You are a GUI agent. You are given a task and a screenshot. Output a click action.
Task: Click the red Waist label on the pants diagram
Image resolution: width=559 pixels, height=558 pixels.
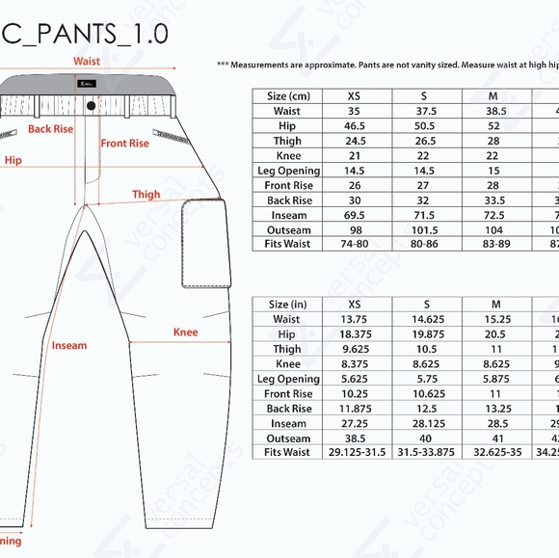[x=87, y=61]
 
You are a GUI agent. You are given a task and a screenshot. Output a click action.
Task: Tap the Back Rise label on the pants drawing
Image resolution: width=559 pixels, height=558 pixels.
[x=50, y=128]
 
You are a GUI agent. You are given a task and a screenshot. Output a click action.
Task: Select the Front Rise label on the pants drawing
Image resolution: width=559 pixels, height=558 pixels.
[x=125, y=144]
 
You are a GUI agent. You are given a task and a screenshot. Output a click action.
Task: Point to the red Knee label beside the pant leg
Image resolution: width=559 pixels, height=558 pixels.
[x=185, y=332]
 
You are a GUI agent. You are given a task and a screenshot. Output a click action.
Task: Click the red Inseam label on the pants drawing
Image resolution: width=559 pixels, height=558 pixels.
[x=69, y=345]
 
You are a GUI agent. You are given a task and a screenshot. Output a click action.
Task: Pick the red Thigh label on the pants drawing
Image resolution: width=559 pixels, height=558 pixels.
[x=146, y=194]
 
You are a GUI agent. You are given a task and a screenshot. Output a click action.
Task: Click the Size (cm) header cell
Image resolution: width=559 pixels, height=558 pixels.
[x=288, y=96]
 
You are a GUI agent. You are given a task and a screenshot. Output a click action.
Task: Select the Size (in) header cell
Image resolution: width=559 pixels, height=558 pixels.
[x=288, y=305]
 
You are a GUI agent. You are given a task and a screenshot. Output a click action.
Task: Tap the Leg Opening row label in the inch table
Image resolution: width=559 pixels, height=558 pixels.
[x=288, y=379]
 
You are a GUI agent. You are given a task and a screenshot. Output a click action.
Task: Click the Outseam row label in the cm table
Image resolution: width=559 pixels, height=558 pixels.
[x=288, y=229]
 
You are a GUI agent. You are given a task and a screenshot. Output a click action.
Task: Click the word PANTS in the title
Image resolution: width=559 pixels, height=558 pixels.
[x=74, y=34]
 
